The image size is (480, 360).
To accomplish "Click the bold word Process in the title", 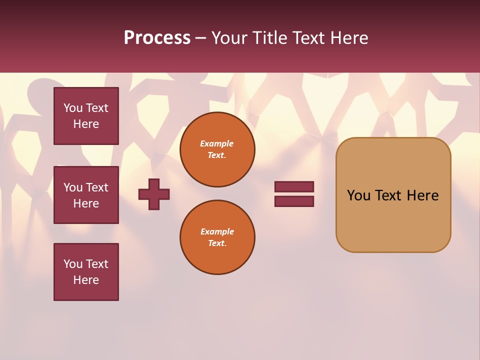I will pos(157,38).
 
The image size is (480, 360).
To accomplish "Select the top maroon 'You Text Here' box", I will pos(86,116).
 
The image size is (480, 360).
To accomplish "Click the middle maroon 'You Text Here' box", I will pos(86,195).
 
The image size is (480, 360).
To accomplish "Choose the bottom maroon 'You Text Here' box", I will pos(86,272).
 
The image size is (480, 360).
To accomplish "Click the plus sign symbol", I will pos(154,194).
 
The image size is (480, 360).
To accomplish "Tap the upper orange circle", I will pos(217,149).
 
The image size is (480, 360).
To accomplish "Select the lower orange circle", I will pos(217,237).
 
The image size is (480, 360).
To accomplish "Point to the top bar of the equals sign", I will pos(294,187).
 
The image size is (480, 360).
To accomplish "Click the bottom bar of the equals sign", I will pos(294,201).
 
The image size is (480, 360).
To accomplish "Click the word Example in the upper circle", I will pos(217,143).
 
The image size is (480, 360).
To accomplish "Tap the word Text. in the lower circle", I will pos(217,243).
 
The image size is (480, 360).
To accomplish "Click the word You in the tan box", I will pos(359,195).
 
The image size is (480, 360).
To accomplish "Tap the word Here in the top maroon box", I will pos(86,124).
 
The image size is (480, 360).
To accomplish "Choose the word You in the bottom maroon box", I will pos(73,264).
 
